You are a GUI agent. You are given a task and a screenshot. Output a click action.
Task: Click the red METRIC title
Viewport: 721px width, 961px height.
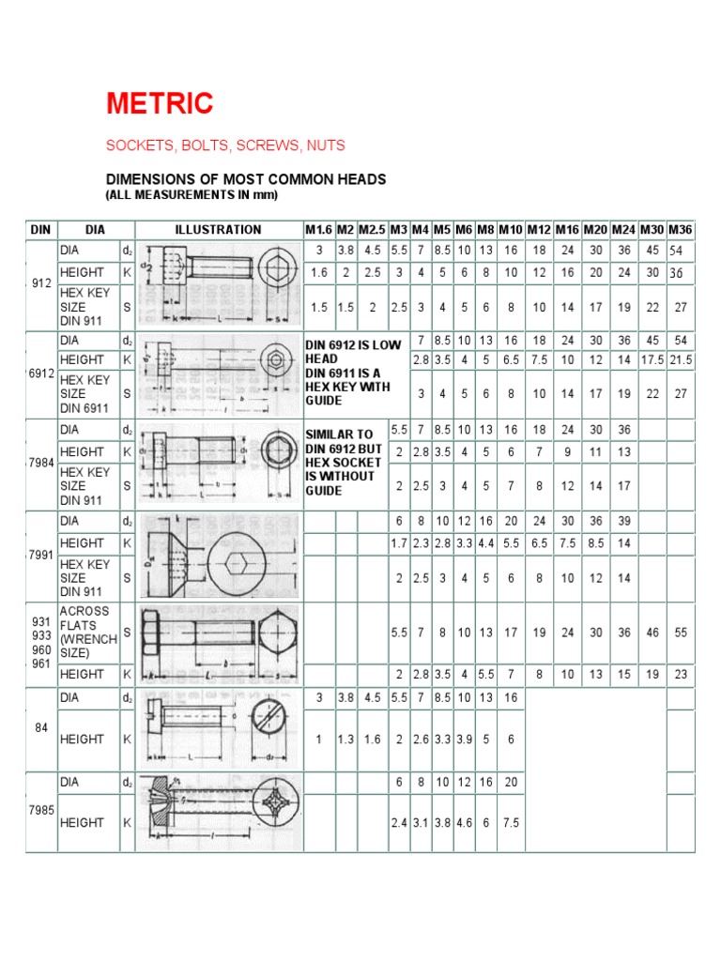(160, 103)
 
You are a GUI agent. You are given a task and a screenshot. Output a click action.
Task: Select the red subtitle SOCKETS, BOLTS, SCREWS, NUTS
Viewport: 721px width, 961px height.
(225, 145)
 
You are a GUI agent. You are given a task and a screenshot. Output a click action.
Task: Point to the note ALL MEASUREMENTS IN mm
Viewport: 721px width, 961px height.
(192, 194)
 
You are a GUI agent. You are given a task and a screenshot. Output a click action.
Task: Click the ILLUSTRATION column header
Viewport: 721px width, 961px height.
(218, 230)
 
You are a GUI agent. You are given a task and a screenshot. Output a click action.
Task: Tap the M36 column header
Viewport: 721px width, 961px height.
(681, 230)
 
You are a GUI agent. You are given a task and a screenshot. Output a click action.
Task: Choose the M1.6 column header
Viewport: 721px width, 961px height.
(318, 230)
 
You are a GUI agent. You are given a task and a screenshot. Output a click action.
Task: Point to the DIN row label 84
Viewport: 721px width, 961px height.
(41, 728)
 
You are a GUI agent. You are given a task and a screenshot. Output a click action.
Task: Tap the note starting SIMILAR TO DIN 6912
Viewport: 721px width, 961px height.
(345, 462)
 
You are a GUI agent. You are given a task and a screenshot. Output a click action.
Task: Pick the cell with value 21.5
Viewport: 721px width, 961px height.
(681, 360)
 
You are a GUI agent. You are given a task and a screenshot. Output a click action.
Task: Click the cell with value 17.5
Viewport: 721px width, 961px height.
(652, 360)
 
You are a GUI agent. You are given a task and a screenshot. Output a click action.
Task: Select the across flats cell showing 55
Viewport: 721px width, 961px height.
(681, 633)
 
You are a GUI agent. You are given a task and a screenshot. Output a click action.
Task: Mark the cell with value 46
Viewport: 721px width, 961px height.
(652, 633)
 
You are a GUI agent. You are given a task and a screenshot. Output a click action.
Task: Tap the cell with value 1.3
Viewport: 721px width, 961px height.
(345, 740)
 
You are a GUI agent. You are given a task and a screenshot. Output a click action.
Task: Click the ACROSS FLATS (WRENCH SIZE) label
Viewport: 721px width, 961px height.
(87, 632)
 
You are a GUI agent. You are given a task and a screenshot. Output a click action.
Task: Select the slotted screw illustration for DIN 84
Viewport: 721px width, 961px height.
(219, 728)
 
